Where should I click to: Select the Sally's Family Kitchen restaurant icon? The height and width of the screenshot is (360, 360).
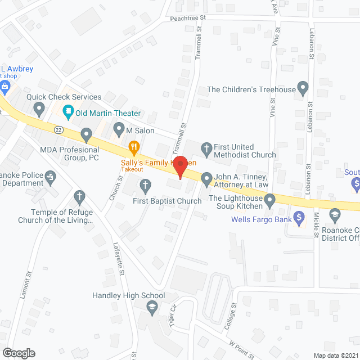point(134,149)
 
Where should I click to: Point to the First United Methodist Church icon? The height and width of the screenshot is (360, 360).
point(206,148)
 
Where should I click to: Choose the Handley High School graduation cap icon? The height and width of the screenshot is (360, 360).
point(151,307)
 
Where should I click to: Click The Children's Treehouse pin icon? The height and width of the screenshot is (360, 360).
point(303,88)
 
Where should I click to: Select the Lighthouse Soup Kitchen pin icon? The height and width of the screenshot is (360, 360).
point(270,200)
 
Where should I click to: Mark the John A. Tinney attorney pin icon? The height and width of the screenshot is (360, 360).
point(206,179)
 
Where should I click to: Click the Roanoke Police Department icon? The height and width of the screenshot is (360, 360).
point(51,177)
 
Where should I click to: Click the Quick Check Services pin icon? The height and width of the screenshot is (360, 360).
point(39,107)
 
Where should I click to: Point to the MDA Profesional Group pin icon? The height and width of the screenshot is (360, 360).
point(86,134)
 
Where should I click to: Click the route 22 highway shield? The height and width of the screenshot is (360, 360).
point(58,129)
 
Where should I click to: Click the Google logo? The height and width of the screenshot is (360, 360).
point(18,353)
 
